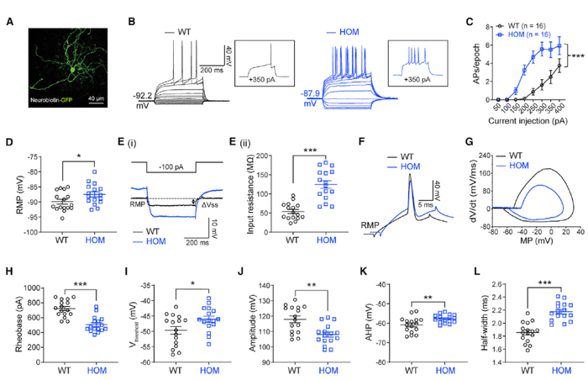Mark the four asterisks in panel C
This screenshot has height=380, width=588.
click(577, 57)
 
